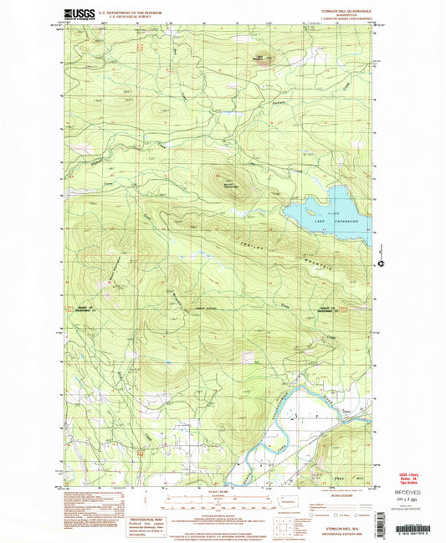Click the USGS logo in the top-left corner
click(76, 14)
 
